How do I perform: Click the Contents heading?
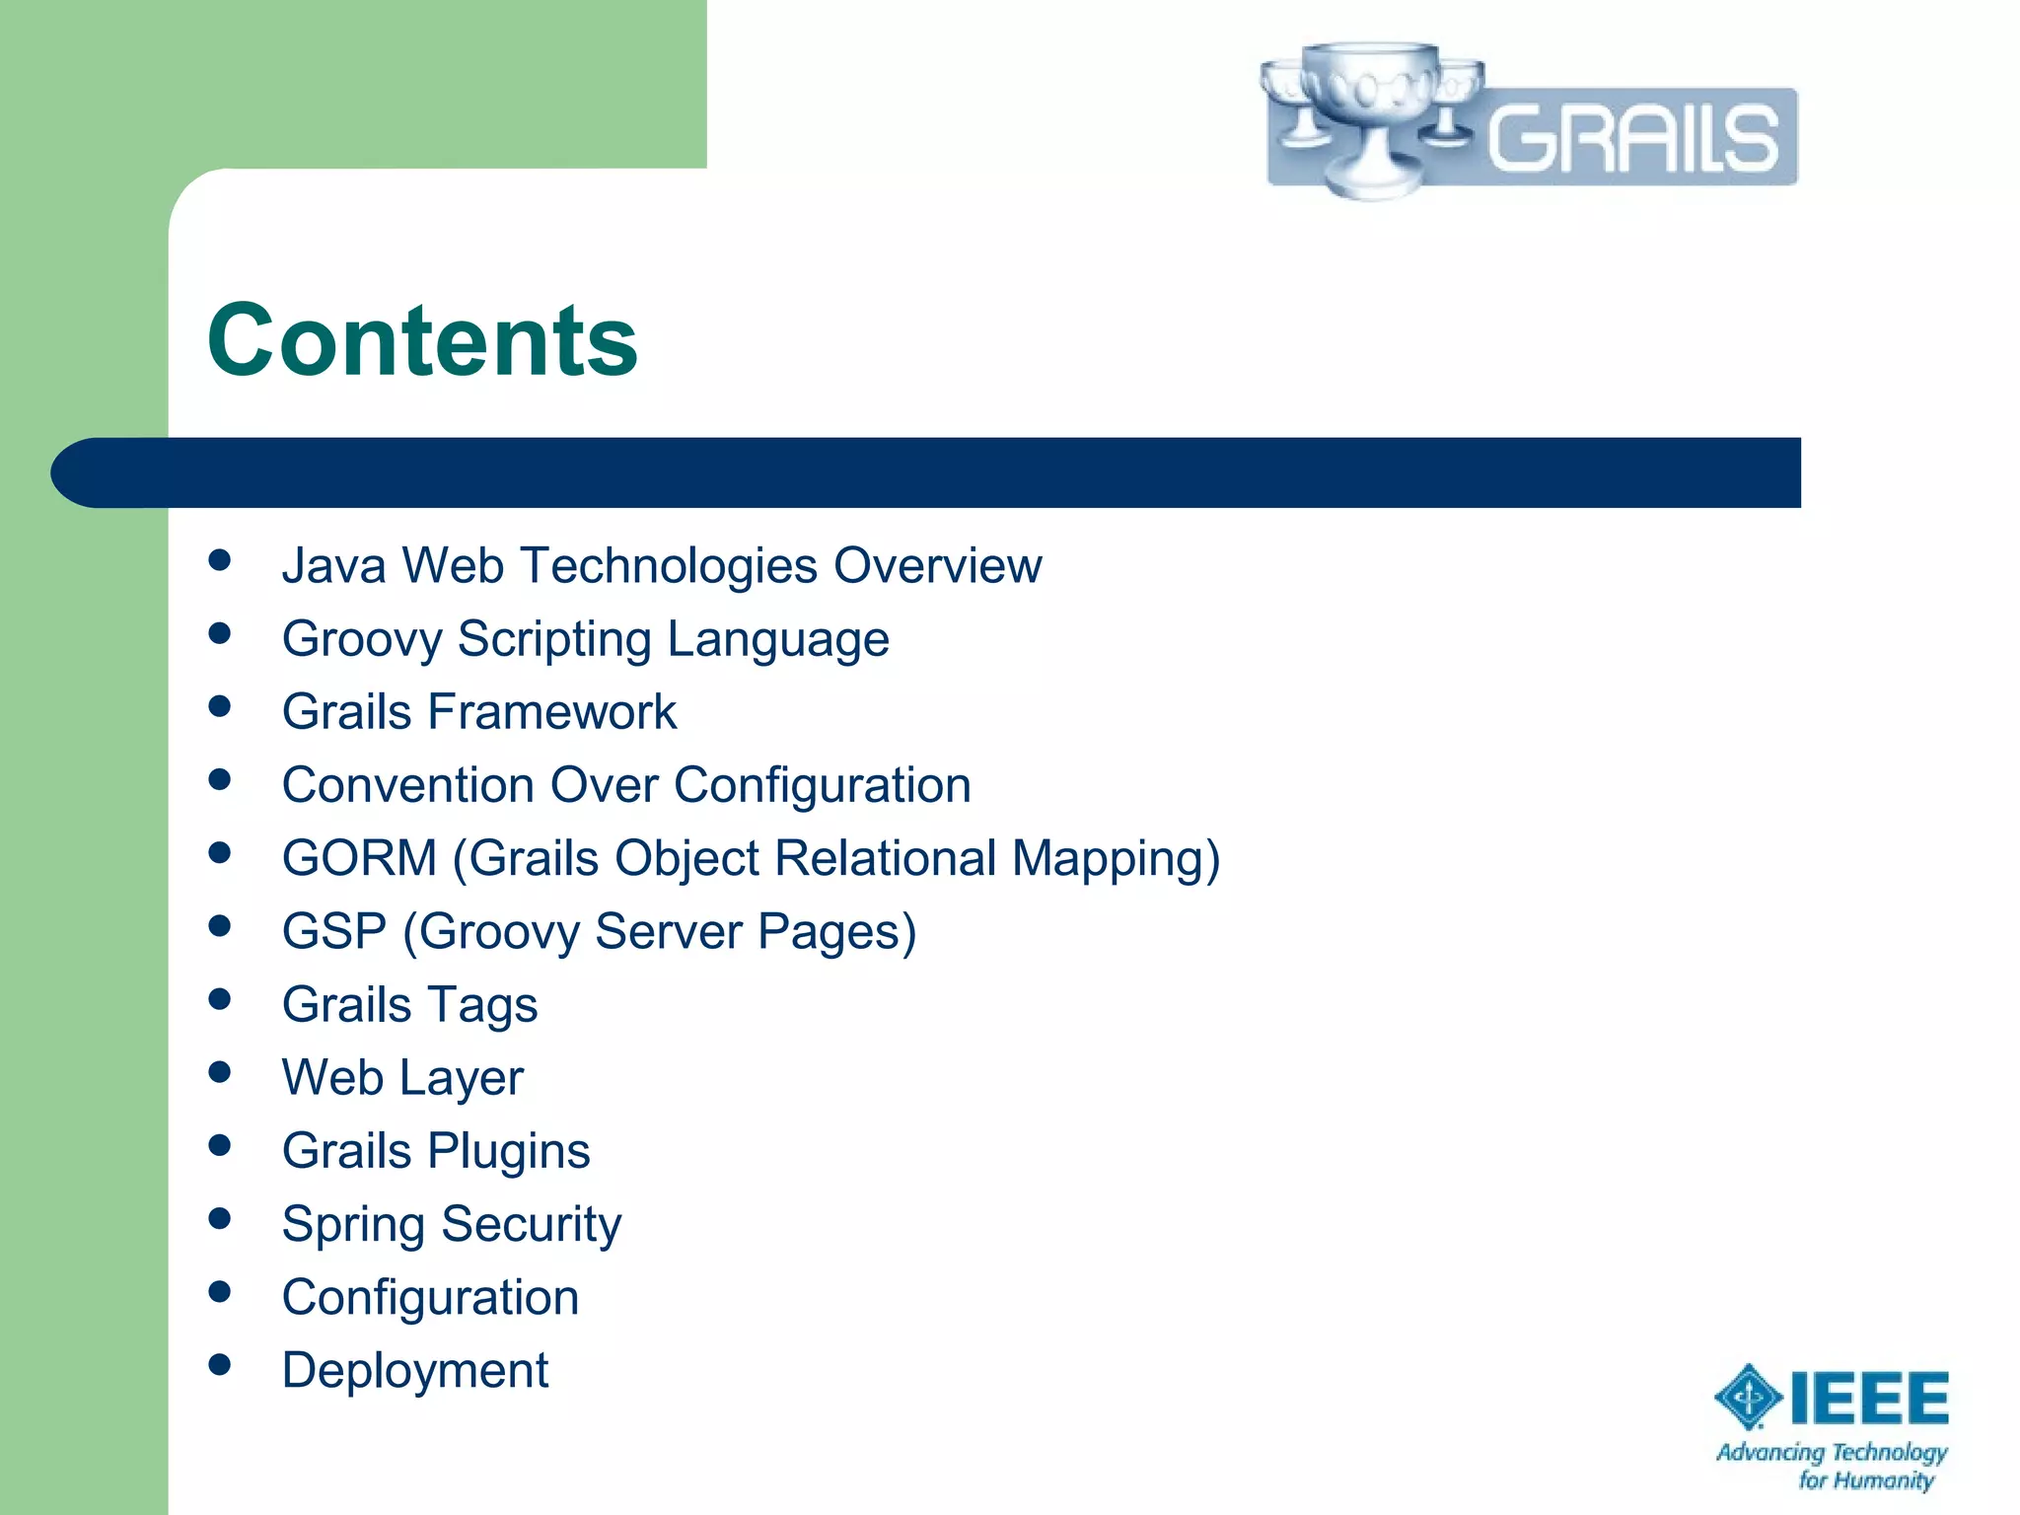(x=422, y=340)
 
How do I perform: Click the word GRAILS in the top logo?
(x=1632, y=138)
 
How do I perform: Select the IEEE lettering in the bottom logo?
(x=1869, y=1399)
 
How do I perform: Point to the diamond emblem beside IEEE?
(x=1748, y=1397)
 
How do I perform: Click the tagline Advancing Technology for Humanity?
(x=1832, y=1466)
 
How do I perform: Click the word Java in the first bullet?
(x=333, y=566)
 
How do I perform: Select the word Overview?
(x=937, y=566)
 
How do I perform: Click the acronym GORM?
(x=359, y=858)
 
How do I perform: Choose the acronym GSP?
(x=333, y=931)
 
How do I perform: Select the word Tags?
(x=482, y=1006)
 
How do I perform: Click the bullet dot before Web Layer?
(x=220, y=1072)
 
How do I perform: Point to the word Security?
(x=531, y=1225)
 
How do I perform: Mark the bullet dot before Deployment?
(x=220, y=1365)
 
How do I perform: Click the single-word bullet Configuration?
(x=430, y=1297)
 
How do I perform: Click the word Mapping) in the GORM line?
(x=1116, y=858)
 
